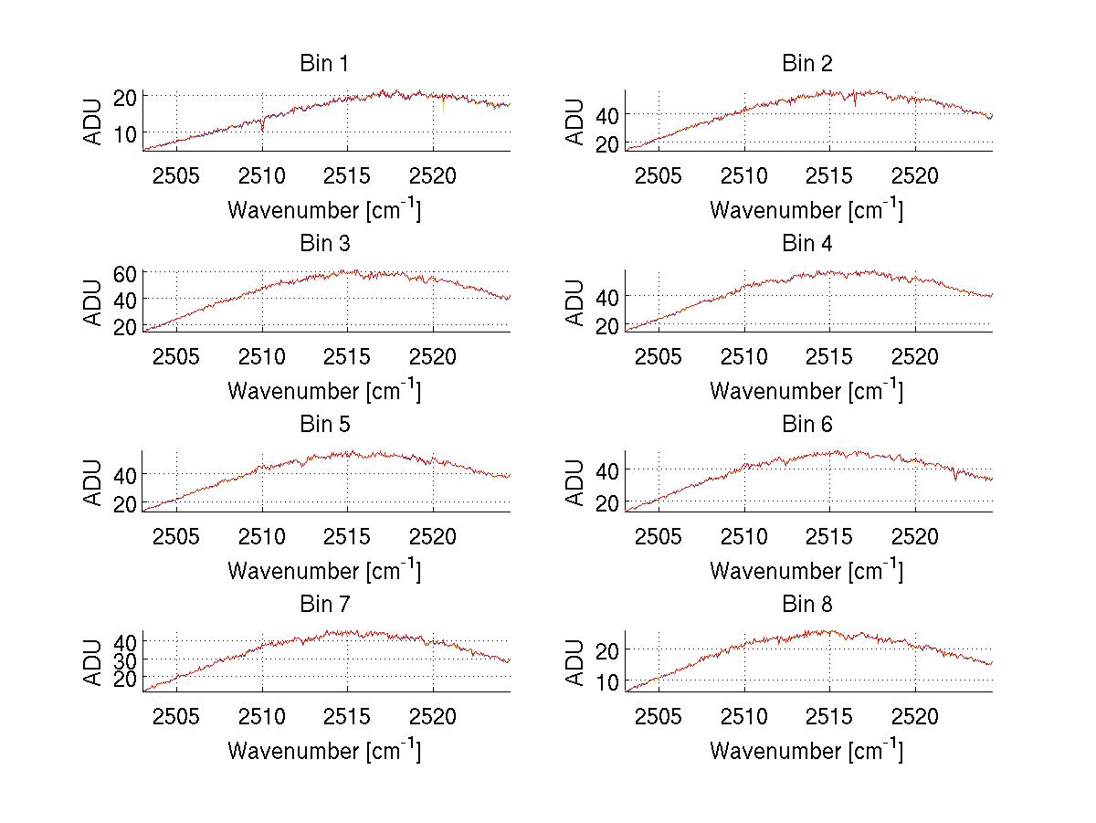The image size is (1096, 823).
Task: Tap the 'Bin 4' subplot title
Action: [x=806, y=244]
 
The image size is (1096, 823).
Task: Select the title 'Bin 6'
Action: [x=806, y=424]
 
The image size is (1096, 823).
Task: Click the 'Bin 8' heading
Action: [x=806, y=605]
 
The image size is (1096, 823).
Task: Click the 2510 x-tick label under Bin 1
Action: [x=263, y=175]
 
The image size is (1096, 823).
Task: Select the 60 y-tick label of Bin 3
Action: [x=125, y=273]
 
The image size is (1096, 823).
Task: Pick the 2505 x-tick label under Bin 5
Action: [x=176, y=536]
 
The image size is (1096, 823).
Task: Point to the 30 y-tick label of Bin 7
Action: [x=125, y=659]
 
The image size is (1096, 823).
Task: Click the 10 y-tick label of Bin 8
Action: [x=607, y=682]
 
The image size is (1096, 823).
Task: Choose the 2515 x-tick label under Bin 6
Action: [x=829, y=536]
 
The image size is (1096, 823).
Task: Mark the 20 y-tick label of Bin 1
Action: [x=125, y=96]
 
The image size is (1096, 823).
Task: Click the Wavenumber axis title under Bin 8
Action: [x=806, y=751]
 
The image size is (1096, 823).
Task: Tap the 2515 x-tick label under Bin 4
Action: [x=829, y=356]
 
